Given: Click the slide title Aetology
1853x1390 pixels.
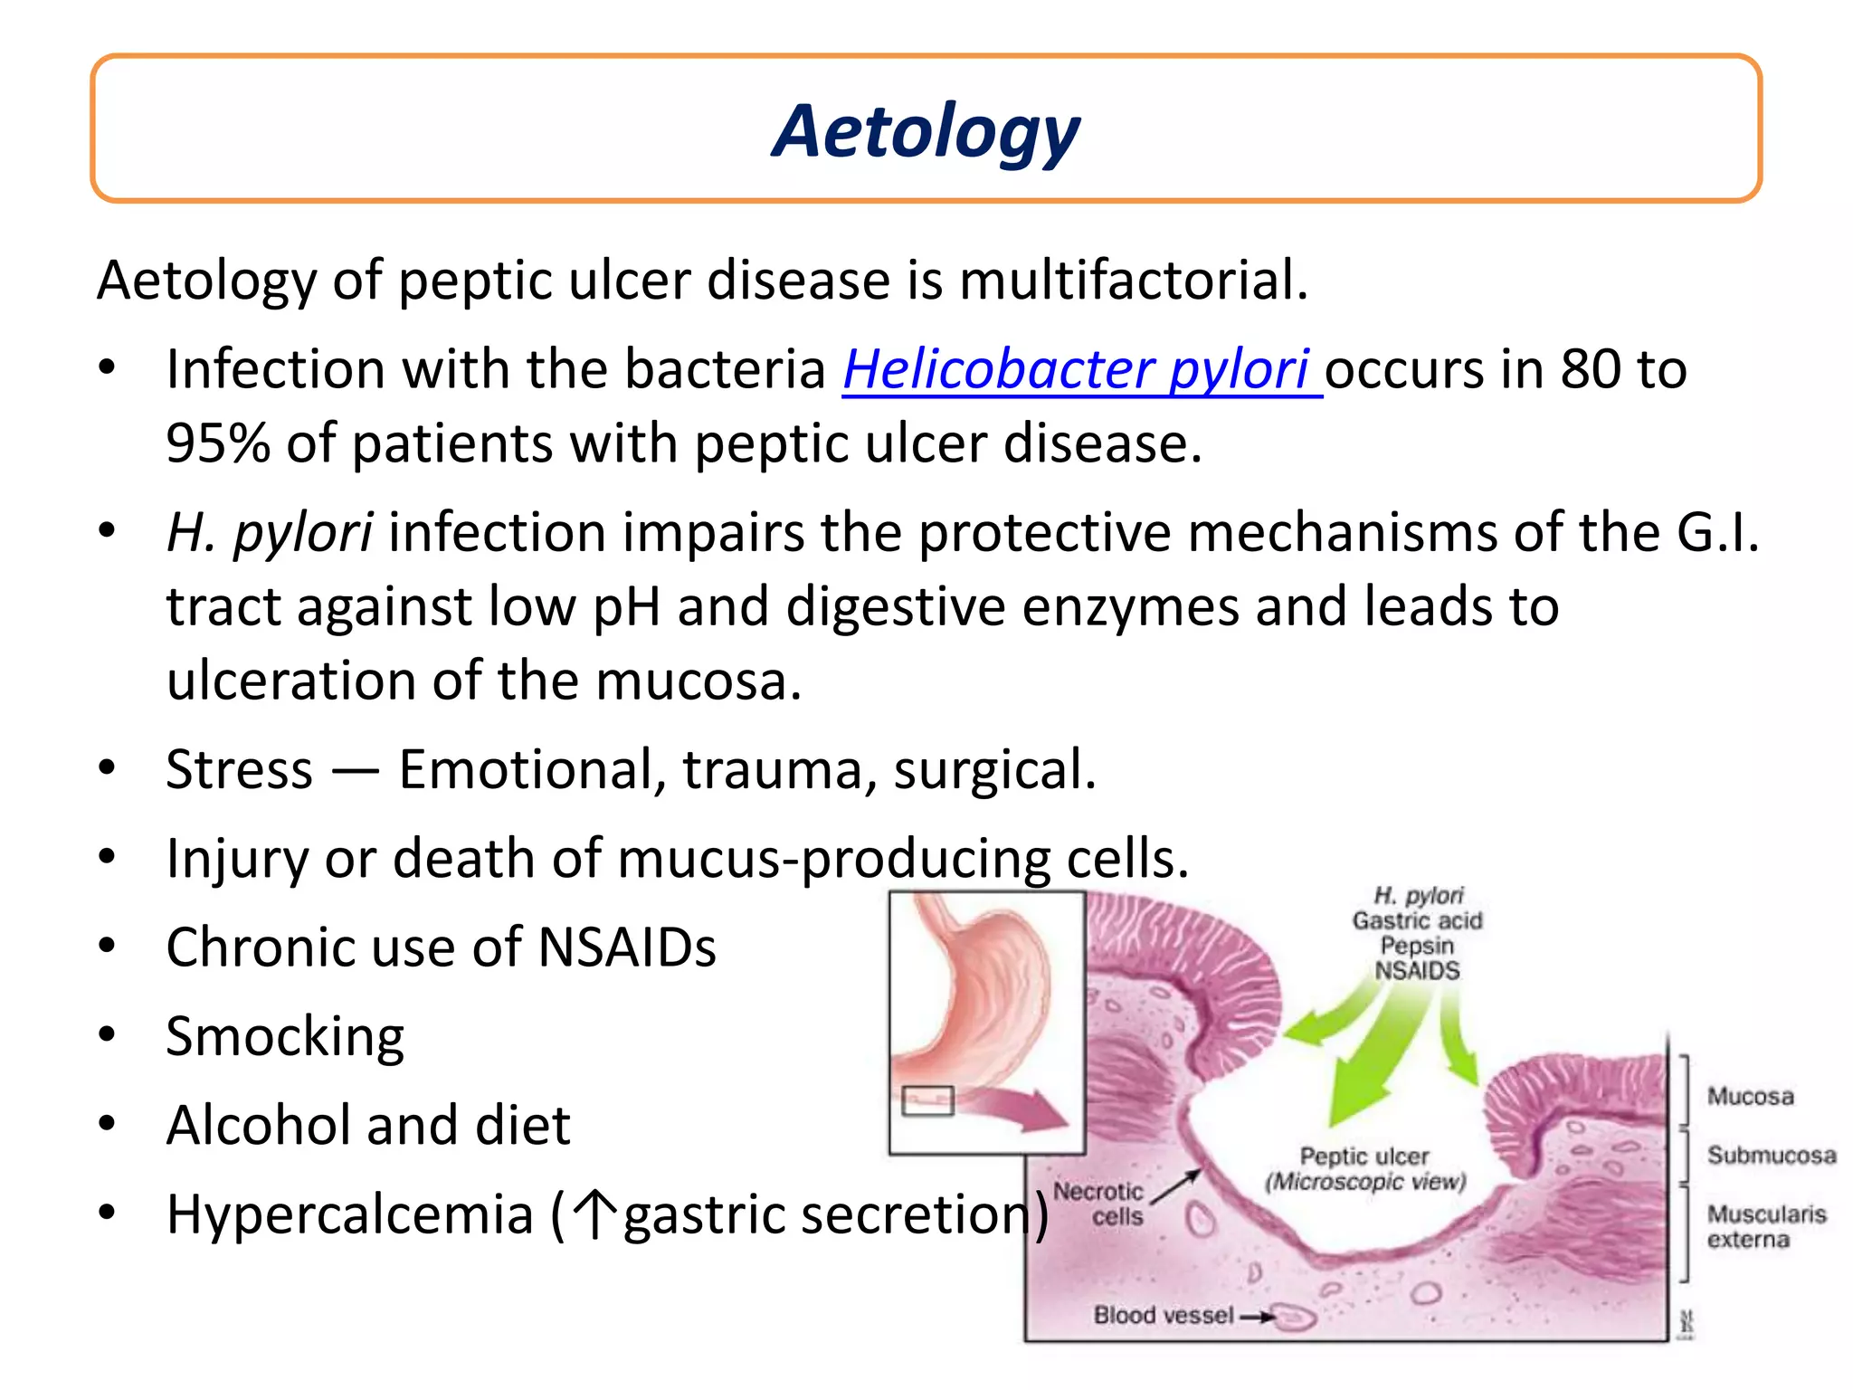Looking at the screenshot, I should tap(926, 132).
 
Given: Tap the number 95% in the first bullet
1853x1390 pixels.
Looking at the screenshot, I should tap(217, 443).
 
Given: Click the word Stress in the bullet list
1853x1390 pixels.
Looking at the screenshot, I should tap(239, 769).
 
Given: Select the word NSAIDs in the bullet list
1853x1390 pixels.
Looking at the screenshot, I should tap(626, 947).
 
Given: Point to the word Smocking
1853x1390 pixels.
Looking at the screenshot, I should tap(285, 1036).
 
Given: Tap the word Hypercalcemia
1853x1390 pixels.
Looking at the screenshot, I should tap(349, 1214).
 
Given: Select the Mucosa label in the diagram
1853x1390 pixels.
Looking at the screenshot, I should tap(1750, 1097).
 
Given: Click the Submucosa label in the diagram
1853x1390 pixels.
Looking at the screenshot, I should tap(1771, 1156).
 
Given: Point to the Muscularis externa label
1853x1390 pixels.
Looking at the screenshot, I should tap(1765, 1226).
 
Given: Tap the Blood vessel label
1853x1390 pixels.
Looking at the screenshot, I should tap(1163, 1315).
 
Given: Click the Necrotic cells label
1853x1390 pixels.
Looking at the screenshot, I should tap(1100, 1204).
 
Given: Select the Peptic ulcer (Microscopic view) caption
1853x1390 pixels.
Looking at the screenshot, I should tap(1364, 1169).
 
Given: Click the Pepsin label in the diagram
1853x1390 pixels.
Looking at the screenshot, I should tap(1417, 946).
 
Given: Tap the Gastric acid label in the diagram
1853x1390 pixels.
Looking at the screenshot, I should tap(1417, 920).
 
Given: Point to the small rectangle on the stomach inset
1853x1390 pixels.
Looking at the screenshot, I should tap(927, 1100).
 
